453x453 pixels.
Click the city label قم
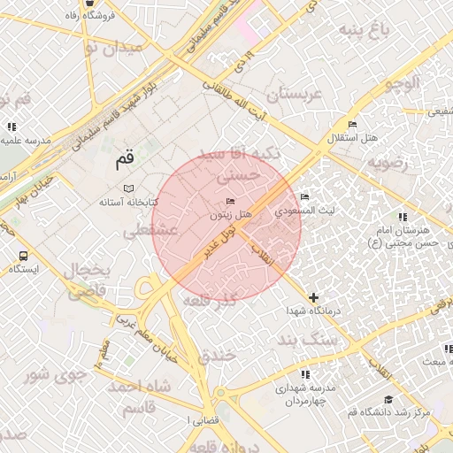125,161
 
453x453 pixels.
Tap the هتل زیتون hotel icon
231,201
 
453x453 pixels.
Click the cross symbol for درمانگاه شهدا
313,297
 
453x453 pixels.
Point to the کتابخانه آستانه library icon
129,189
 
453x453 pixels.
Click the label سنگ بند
307,340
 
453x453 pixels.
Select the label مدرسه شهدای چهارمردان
305,395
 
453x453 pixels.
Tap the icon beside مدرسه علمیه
12,127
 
